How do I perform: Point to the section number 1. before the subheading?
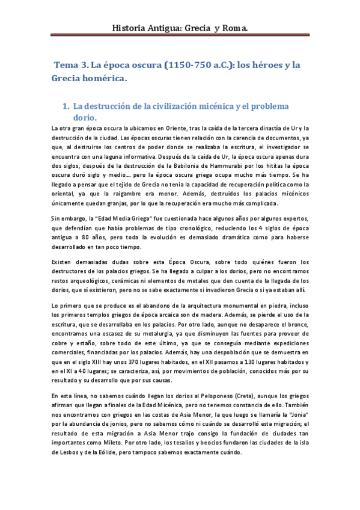coord(67,106)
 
